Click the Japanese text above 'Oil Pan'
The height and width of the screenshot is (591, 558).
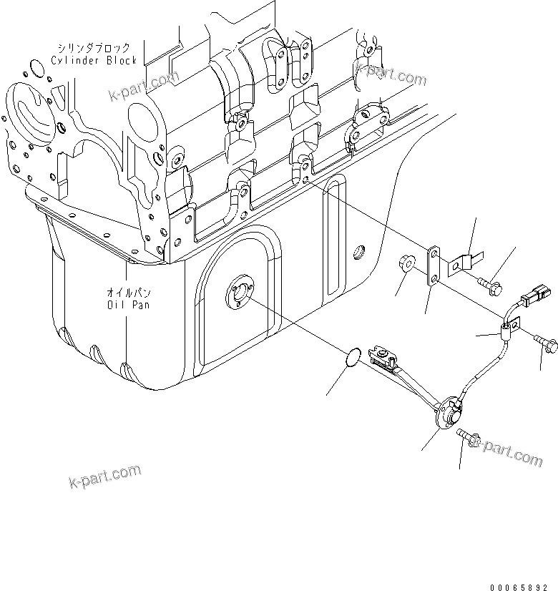pyautogui.click(x=127, y=293)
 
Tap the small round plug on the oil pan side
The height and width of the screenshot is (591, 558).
pyautogui.click(x=359, y=253)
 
